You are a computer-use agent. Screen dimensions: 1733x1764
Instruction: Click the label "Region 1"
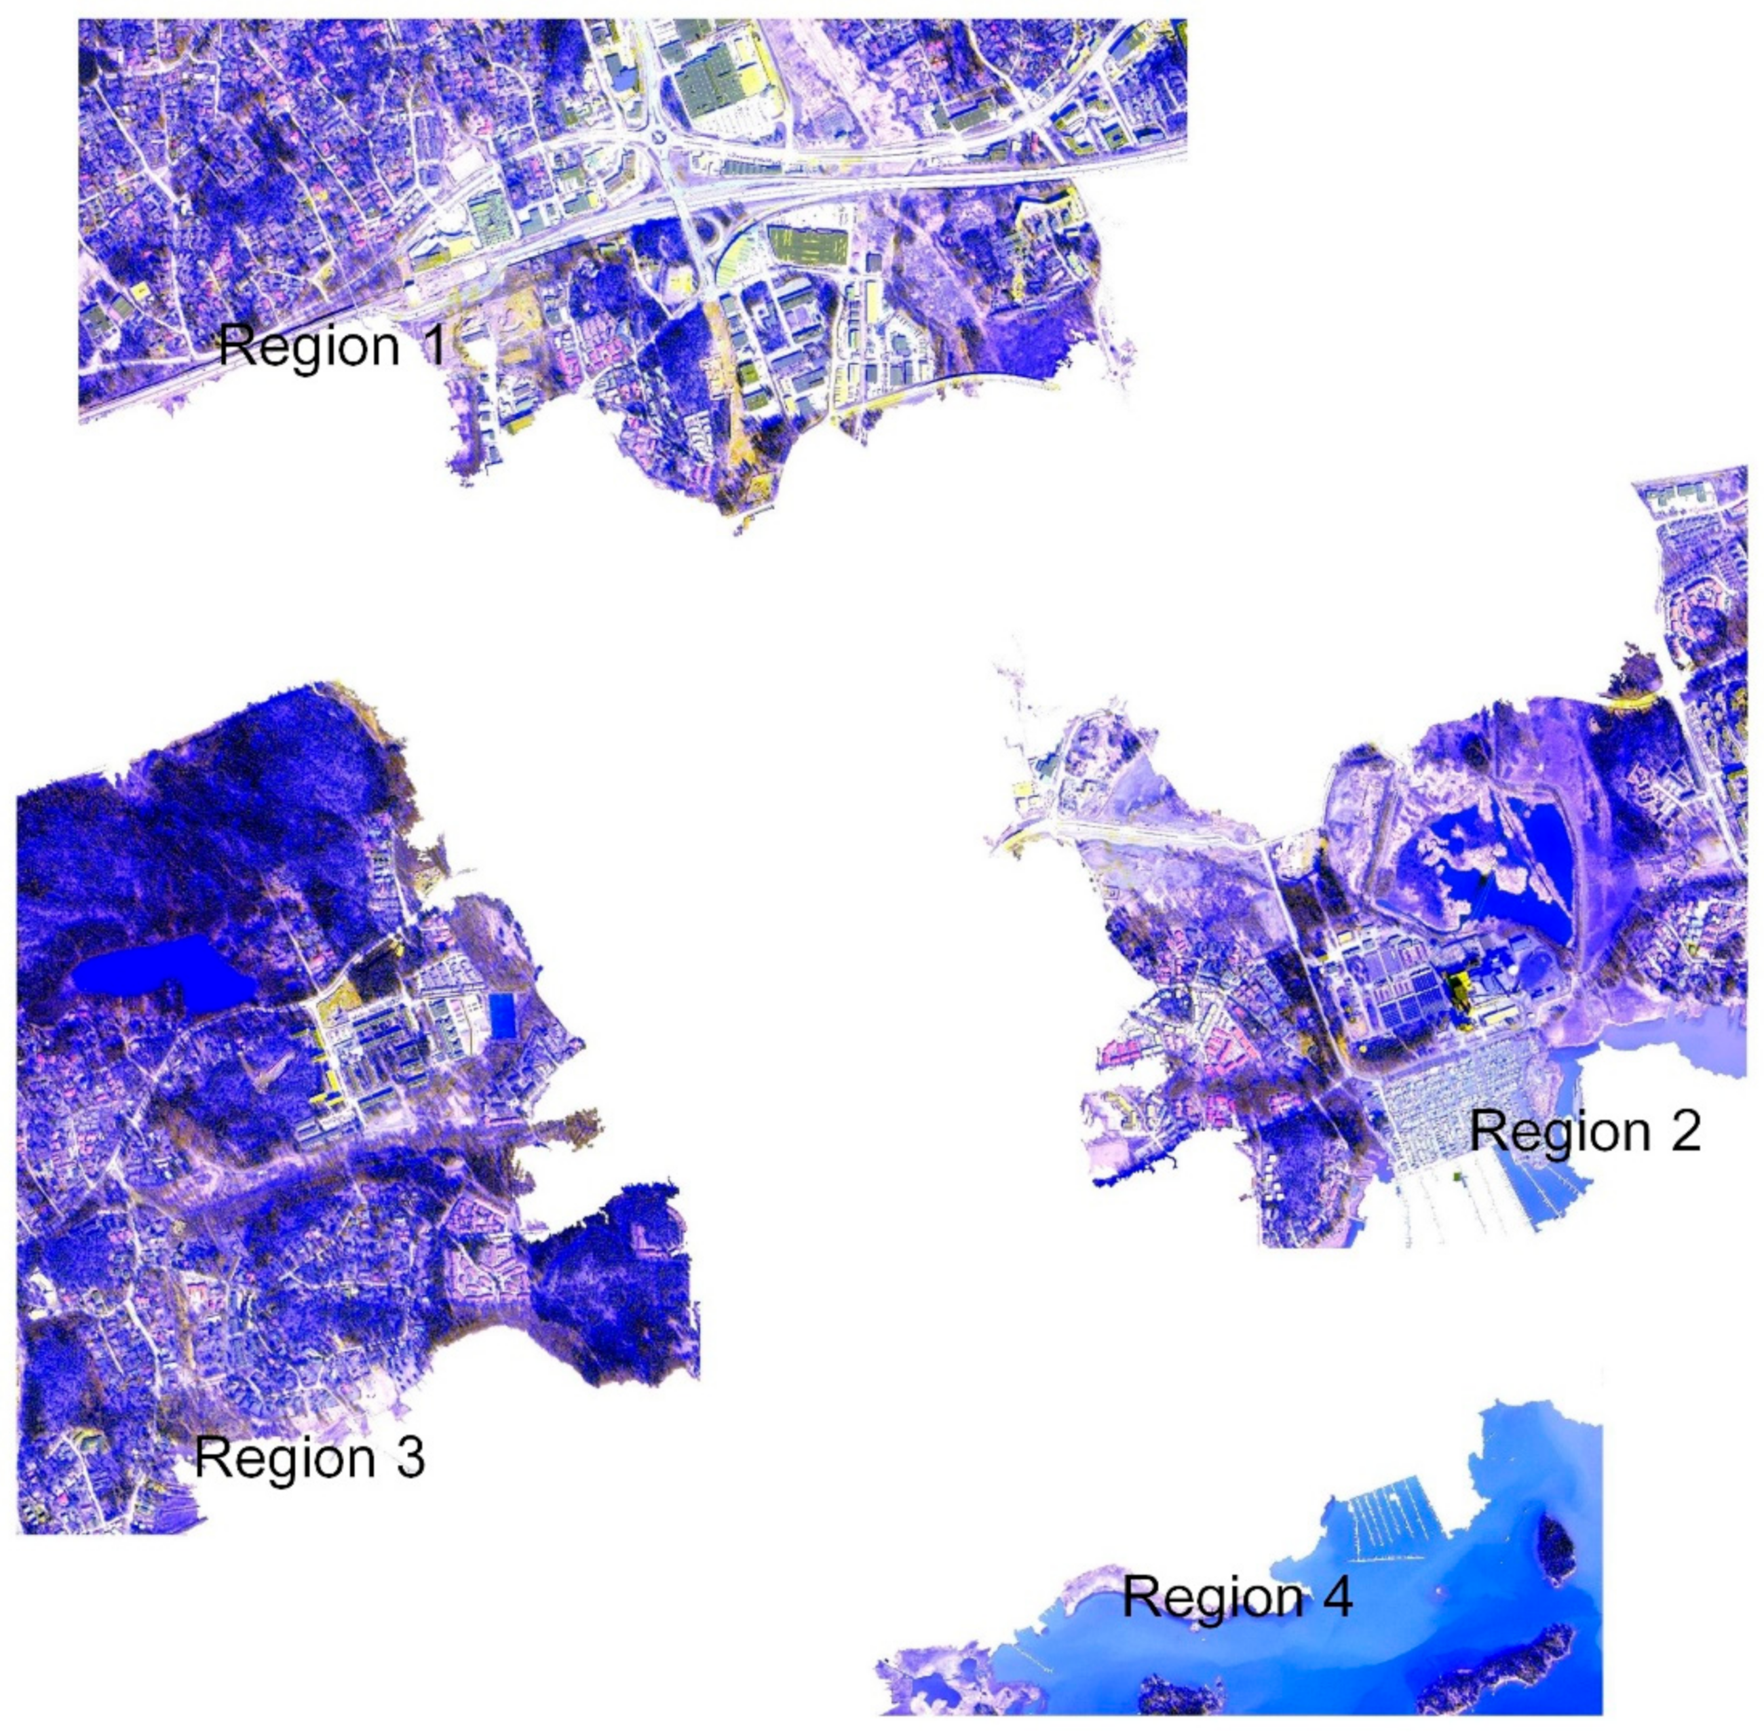pos(332,346)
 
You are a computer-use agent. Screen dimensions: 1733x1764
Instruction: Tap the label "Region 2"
pos(1584,1131)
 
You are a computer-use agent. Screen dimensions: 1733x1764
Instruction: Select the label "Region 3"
pos(309,1456)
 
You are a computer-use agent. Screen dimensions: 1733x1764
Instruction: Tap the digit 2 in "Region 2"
pos(1683,1131)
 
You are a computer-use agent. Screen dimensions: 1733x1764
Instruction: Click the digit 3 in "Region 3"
pos(408,1456)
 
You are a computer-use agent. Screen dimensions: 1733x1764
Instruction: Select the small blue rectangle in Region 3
pos(501,1014)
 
